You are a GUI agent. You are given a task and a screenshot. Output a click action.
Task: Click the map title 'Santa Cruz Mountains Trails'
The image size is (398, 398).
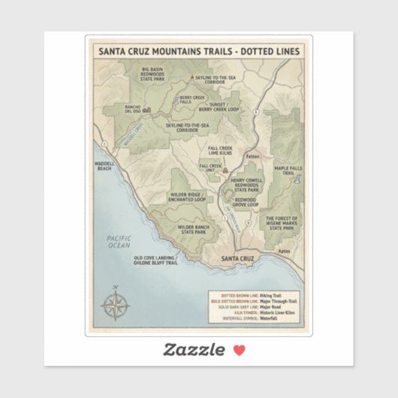point(199,52)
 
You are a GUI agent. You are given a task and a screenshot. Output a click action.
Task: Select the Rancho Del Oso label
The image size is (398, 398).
point(132,109)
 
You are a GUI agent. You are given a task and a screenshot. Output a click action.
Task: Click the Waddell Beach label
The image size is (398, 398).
point(105,167)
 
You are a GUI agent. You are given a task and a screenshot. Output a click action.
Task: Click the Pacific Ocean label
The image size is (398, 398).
point(119,241)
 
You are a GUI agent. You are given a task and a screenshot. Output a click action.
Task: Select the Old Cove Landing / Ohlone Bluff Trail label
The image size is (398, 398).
point(155,261)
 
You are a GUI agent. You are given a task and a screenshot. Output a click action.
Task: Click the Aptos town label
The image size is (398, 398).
point(283,249)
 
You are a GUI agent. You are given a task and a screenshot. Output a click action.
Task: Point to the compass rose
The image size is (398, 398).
point(115,304)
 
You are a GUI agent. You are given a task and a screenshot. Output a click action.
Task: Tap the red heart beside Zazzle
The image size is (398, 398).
point(239,349)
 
